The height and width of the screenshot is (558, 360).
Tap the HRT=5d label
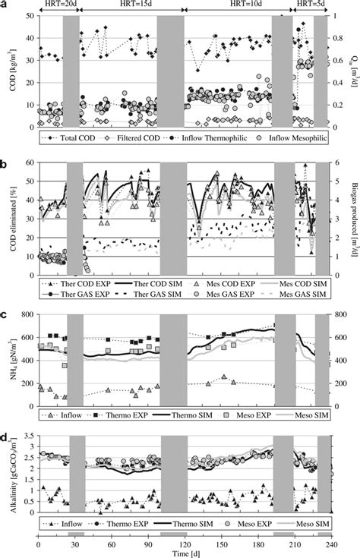click(x=312, y=5)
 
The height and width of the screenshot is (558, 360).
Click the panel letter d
click(x=5, y=437)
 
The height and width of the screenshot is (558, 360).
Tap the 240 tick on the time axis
click(x=330, y=544)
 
